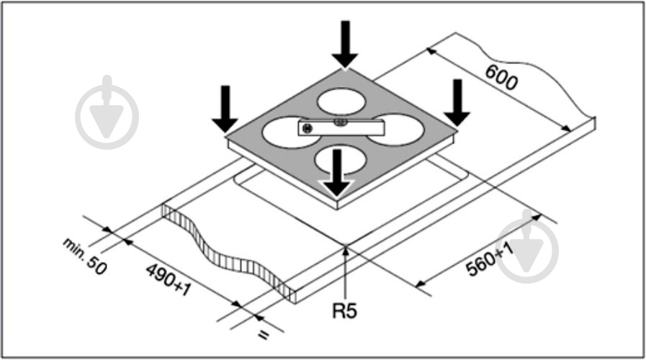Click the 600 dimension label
tap(501, 78)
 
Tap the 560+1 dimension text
tap(490, 259)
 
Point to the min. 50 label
tap(85, 256)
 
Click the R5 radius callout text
tap(344, 311)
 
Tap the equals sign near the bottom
tap(264, 335)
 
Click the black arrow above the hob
tap(345, 44)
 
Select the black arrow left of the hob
tap(225, 109)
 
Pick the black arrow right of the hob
tap(457, 102)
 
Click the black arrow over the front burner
tap(337, 173)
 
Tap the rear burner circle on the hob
tap(341, 102)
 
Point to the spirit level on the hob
tap(341, 127)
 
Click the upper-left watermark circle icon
tap(107, 112)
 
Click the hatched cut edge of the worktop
tap(228, 252)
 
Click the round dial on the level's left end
tap(307, 128)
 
